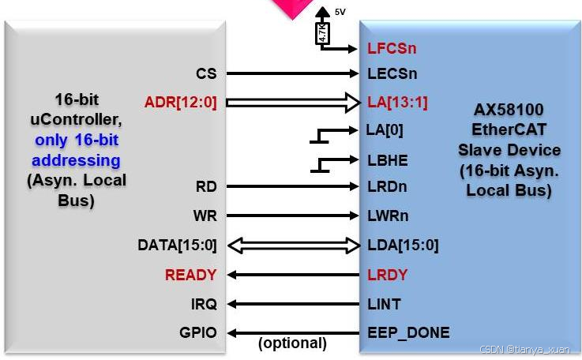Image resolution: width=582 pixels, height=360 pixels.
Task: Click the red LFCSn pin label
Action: [x=392, y=48]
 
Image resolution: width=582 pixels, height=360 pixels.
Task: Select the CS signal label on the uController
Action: [x=206, y=73]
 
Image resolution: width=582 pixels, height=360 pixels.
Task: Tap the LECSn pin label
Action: [x=392, y=73]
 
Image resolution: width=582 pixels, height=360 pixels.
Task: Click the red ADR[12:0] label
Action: [x=181, y=102]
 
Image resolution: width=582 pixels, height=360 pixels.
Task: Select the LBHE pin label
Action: [x=387, y=159]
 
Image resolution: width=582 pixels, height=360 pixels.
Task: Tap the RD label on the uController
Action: [x=206, y=187]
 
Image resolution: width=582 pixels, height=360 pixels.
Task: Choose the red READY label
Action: [x=190, y=275]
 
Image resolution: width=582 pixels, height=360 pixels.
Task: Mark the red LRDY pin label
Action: [x=387, y=275]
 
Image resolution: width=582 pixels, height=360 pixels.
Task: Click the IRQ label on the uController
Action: [x=204, y=304]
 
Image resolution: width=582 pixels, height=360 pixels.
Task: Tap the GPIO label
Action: [x=198, y=332]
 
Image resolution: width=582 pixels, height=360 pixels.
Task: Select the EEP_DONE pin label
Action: [x=408, y=332]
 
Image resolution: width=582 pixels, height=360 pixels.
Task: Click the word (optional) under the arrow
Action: [x=292, y=343]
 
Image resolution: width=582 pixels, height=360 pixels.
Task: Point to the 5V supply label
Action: [x=340, y=12]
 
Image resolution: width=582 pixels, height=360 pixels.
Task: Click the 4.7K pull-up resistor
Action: [x=322, y=33]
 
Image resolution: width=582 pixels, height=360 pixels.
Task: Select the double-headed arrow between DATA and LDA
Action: [x=292, y=245]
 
